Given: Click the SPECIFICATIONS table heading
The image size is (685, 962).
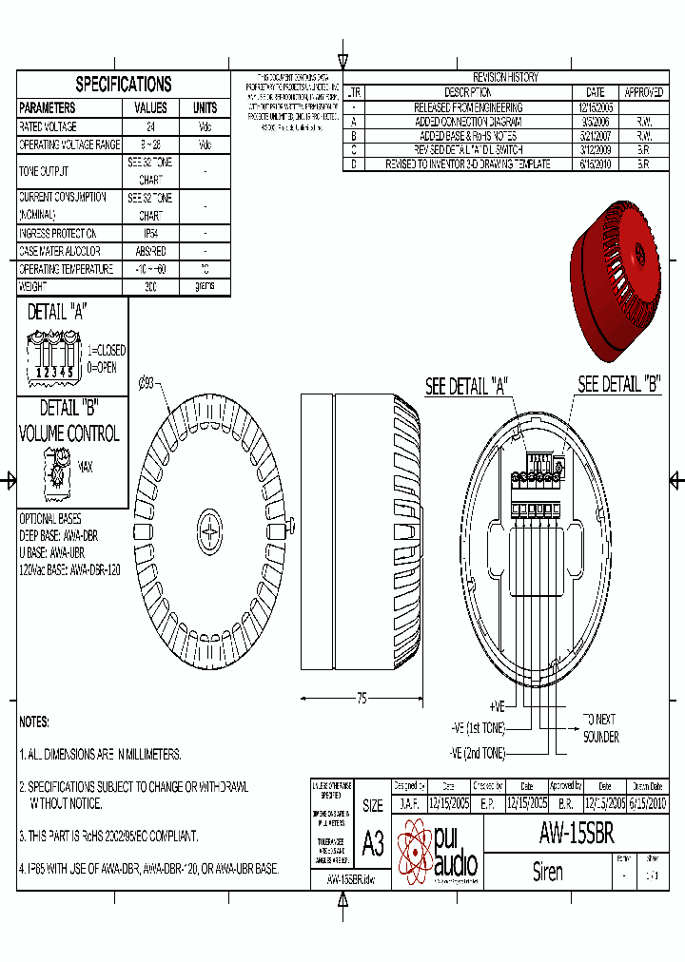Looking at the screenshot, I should (x=124, y=85).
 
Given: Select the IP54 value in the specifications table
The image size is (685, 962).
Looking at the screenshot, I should (x=150, y=233).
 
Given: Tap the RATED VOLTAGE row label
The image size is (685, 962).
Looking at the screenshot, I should (x=49, y=126).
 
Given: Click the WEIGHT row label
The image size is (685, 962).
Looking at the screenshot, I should (x=35, y=286).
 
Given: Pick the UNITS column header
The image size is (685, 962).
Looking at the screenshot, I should (x=205, y=108).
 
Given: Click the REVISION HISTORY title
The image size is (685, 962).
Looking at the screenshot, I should (x=505, y=78).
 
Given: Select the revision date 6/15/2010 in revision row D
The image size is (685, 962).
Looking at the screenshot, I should (x=596, y=164).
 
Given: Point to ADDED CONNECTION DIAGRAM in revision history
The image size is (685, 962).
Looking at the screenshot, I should (x=467, y=122).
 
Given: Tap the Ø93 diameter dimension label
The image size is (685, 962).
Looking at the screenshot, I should (x=147, y=383).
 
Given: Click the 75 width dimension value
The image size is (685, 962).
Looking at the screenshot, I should (x=362, y=699).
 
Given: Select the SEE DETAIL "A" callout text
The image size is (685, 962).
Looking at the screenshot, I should (x=466, y=386).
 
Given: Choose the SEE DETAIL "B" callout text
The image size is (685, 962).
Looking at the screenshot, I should (x=619, y=385).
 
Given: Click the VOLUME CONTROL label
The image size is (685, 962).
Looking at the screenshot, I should (x=69, y=433).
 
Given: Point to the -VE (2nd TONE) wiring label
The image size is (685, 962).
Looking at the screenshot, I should (x=478, y=753).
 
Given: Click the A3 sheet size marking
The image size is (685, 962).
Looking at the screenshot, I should (x=373, y=842).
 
